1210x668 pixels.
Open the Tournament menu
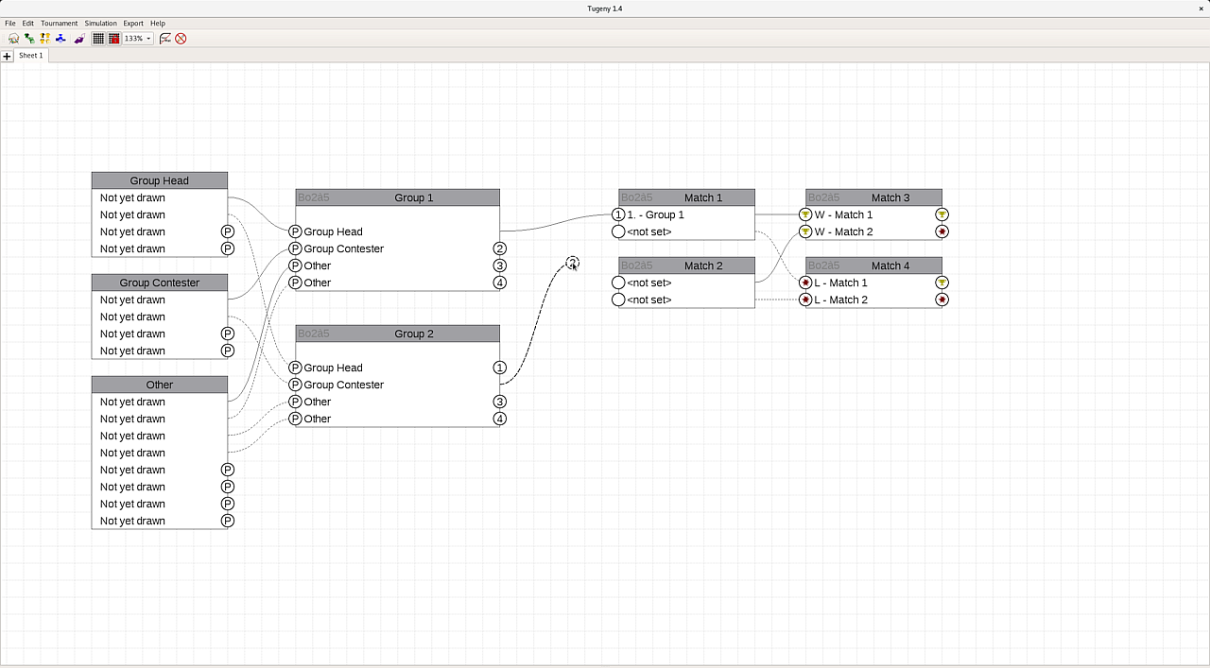click(59, 24)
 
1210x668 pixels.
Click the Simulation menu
click(100, 24)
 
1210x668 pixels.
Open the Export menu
click(133, 24)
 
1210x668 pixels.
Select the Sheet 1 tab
click(31, 55)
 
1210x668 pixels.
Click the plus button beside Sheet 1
click(7, 56)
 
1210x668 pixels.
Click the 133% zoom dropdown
click(138, 39)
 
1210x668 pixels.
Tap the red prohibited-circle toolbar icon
click(181, 39)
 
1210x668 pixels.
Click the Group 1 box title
click(413, 197)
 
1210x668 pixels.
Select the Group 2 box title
click(413, 334)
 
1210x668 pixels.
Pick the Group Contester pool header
click(160, 283)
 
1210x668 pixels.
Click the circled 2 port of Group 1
click(500, 248)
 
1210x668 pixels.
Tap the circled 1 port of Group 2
click(500, 368)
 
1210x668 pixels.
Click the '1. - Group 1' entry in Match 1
click(655, 214)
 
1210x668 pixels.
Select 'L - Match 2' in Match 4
click(840, 300)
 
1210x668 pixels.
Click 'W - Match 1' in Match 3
click(843, 214)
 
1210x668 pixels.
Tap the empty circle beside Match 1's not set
click(618, 231)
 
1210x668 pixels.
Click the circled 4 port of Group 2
click(500, 419)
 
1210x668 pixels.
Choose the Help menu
click(158, 24)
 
